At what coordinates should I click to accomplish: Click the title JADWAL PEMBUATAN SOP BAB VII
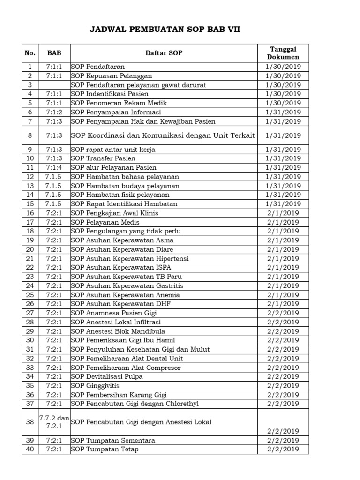coord(165,30)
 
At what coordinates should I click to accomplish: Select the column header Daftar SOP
coord(164,53)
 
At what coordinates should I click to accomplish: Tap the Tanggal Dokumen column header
coord(283,53)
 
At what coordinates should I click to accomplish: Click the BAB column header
coord(54,53)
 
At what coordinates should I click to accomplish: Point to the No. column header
coord(30,53)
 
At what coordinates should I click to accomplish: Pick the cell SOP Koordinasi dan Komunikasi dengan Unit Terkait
coord(163,135)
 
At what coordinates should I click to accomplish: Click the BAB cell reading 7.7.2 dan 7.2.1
coord(54,422)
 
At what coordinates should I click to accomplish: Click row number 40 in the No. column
coord(30,450)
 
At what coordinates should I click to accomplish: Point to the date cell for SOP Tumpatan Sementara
coord(283,441)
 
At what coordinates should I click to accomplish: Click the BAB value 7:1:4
coord(54,167)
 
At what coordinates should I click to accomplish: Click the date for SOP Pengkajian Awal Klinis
coord(283,213)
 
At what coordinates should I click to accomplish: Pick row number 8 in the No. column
coord(30,135)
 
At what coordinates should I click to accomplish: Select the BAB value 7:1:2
coord(54,112)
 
